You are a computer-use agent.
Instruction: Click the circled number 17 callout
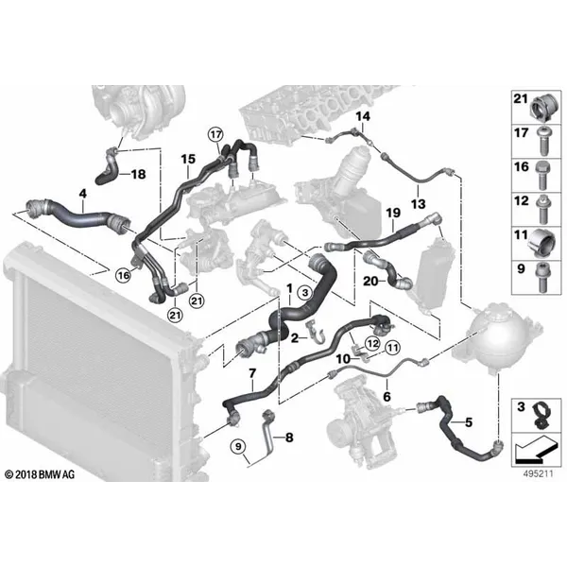tap(215, 135)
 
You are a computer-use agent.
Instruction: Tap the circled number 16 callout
tap(123, 276)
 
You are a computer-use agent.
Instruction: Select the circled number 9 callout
tap(238, 447)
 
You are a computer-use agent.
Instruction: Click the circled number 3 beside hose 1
tap(305, 292)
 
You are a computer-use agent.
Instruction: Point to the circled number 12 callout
tap(373, 343)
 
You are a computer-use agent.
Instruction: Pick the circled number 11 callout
tap(393, 348)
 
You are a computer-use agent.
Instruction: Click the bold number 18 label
tap(138, 174)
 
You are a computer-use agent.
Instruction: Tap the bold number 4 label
tap(83, 194)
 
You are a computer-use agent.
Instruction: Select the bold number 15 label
tap(188, 159)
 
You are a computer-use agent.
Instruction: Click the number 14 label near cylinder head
tap(363, 116)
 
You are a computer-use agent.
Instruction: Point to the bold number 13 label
tap(418, 204)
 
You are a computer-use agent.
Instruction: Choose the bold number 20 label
tap(370, 281)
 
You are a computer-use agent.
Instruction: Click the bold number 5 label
tap(469, 422)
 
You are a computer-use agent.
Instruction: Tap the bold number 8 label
tap(289, 438)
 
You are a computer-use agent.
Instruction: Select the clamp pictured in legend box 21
tap(542, 106)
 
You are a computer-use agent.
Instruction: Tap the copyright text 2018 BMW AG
tap(40, 474)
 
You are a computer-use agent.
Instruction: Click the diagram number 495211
tap(539, 473)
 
